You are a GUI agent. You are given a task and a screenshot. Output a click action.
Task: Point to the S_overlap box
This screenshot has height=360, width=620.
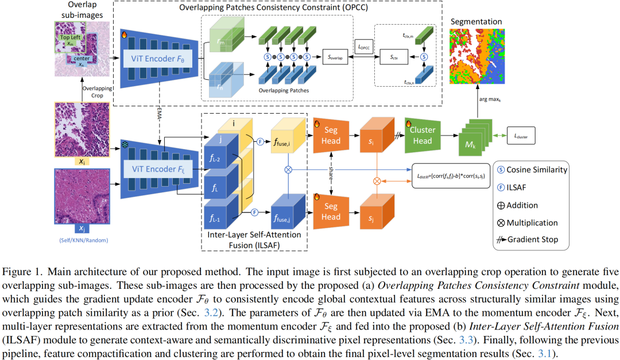[x=337, y=57]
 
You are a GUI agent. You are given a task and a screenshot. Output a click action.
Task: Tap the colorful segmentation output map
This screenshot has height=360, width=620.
[x=475, y=56]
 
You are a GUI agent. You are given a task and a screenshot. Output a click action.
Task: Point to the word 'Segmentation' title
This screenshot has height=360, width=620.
[x=476, y=22]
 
